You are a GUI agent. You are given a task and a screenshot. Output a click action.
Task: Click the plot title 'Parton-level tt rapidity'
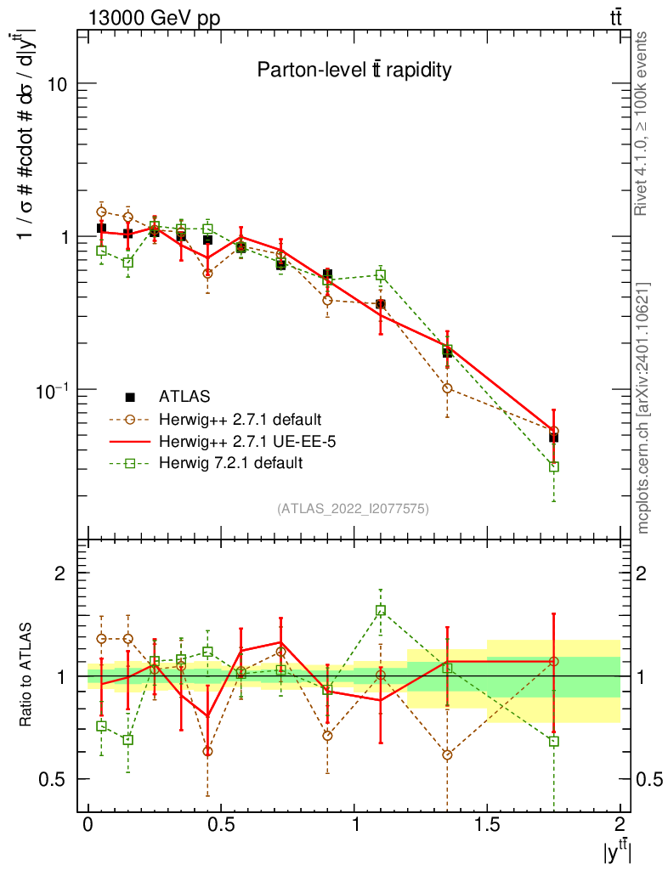tap(354, 71)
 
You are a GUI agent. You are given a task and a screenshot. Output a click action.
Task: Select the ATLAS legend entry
tap(185, 396)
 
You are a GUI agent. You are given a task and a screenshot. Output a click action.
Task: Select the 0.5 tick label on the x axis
tap(221, 825)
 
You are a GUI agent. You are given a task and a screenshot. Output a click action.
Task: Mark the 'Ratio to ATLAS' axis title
tap(27, 675)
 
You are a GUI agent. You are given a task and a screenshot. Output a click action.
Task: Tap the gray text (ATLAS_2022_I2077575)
tap(353, 509)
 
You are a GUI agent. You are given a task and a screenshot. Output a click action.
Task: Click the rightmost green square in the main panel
tap(554, 466)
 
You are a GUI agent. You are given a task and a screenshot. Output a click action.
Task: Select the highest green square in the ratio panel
tap(381, 610)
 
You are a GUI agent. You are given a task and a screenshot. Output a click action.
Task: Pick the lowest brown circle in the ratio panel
tap(447, 754)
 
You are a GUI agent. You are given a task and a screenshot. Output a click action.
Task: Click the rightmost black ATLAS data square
tap(554, 438)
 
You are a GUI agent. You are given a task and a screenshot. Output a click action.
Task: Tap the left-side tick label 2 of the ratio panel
tap(60, 573)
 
